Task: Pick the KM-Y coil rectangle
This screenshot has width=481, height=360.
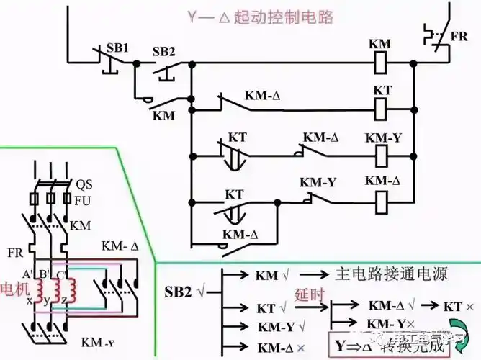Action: (382, 155)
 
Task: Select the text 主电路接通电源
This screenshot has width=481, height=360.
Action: (392, 274)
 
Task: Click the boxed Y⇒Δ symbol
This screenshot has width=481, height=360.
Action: (354, 345)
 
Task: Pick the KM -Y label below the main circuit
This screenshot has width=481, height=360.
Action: (100, 341)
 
